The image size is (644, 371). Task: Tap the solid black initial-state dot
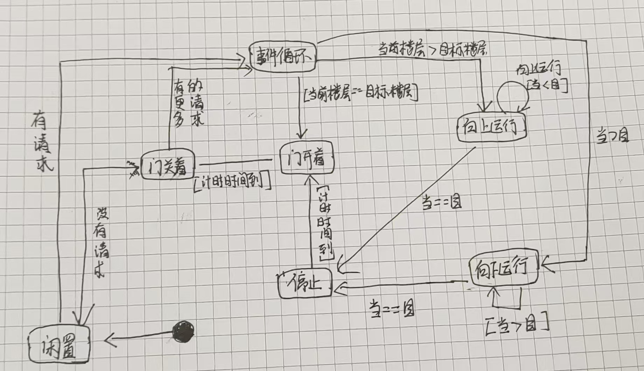tap(183, 331)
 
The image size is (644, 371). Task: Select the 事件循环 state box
tap(283, 57)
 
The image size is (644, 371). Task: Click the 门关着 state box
tap(168, 165)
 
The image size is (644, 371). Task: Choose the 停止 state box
tap(305, 284)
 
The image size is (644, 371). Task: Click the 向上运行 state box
tap(492, 128)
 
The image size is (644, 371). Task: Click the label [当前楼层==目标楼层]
tap(360, 93)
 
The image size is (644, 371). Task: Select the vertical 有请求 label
tap(42, 141)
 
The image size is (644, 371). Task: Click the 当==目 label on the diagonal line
tap(442, 202)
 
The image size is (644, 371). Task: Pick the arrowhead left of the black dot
tap(110, 340)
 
